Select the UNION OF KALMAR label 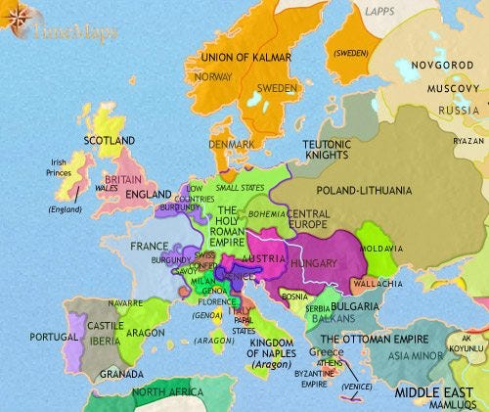(x=244, y=58)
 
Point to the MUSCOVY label (x=453, y=88)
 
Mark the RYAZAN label (x=467, y=141)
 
